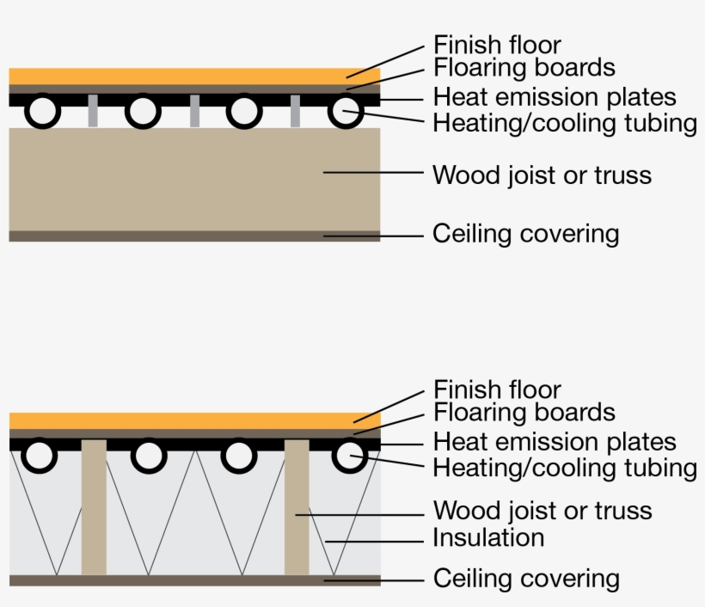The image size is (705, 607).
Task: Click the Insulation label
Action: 488,538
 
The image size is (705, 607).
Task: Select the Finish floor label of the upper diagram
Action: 497,45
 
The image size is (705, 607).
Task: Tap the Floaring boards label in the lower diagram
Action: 524,413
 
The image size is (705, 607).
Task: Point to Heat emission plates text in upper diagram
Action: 555,97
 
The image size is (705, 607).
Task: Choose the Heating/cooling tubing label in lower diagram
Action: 564,469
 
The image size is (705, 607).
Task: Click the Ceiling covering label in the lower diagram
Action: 525,579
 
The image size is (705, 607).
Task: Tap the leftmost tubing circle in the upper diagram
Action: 42,112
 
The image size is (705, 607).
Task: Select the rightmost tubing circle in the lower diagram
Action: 348,457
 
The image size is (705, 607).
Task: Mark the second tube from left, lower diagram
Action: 149,457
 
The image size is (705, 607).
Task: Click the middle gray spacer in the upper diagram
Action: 194,112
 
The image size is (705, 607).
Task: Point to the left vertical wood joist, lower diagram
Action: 94,507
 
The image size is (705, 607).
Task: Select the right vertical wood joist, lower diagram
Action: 297,507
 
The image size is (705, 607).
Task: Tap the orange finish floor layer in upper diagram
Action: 194,76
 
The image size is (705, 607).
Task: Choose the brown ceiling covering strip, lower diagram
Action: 194,580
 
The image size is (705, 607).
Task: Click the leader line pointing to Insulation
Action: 378,541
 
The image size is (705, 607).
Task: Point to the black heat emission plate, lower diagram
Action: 194,445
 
